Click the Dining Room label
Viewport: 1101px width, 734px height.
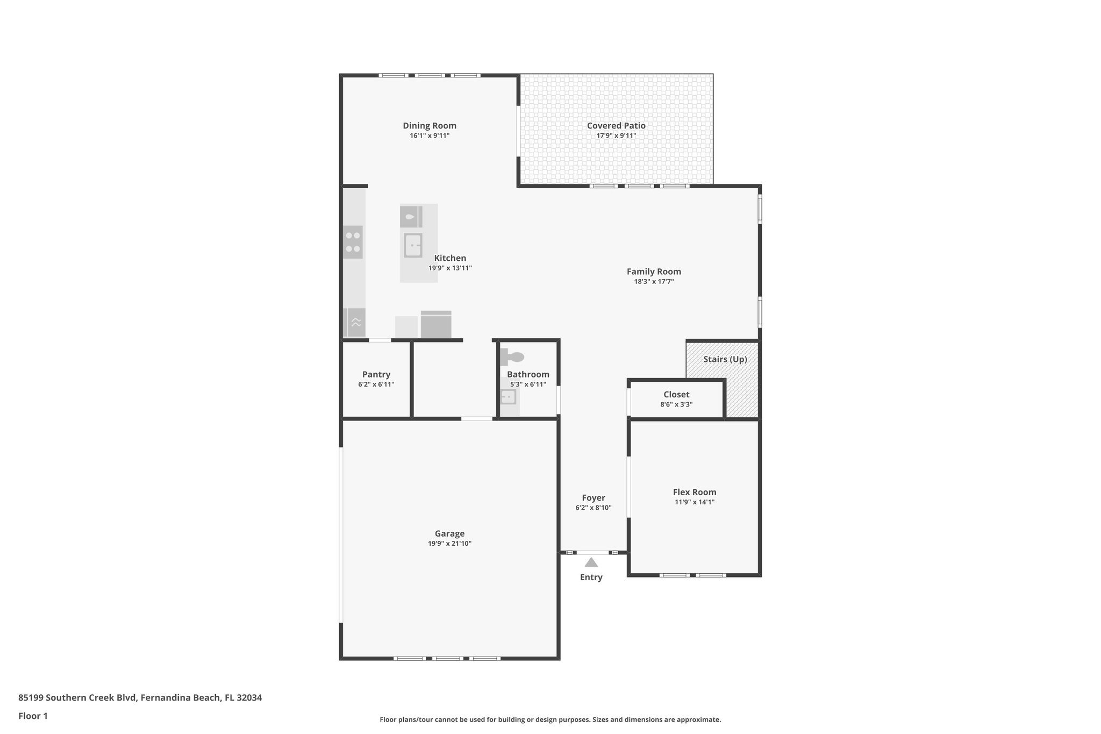click(430, 126)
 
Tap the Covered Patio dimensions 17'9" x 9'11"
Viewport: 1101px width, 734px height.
click(616, 136)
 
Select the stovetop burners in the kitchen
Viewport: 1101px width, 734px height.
click(353, 242)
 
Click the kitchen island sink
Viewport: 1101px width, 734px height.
click(413, 245)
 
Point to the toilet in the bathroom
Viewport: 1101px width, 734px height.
click(513, 357)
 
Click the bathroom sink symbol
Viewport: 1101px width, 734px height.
click(508, 397)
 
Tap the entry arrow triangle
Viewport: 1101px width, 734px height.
click(591, 562)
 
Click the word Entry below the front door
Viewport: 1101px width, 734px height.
click(591, 578)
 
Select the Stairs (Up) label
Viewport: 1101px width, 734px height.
click(725, 359)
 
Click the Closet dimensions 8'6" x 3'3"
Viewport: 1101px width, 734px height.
click(676, 404)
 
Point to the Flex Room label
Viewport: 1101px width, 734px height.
click(695, 492)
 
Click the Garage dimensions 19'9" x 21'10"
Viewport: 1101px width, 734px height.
click(449, 544)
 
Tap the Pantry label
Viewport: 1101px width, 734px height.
click(376, 375)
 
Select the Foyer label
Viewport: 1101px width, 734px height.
click(594, 498)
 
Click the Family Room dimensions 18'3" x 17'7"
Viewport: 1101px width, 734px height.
click(654, 281)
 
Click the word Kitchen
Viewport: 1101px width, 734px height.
click(450, 258)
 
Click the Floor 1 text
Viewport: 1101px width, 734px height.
click(33, 716)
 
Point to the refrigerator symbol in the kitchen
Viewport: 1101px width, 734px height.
click(435, 325)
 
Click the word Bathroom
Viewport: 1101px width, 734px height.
click(528, 375)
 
